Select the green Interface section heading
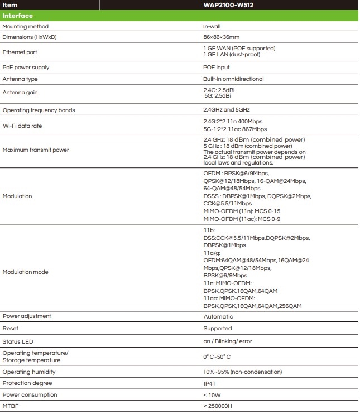[17, 16]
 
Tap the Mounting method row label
[25, 26]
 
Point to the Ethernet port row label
[20, 52]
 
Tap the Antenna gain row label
[20, 93]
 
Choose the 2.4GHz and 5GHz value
[225, 110]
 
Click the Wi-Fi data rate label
[22, 126]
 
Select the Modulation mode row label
[25, 272]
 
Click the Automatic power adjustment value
[218, 316]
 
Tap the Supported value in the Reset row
[218, 329]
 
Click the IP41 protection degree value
[209, 384]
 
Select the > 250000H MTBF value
[218, 406]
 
